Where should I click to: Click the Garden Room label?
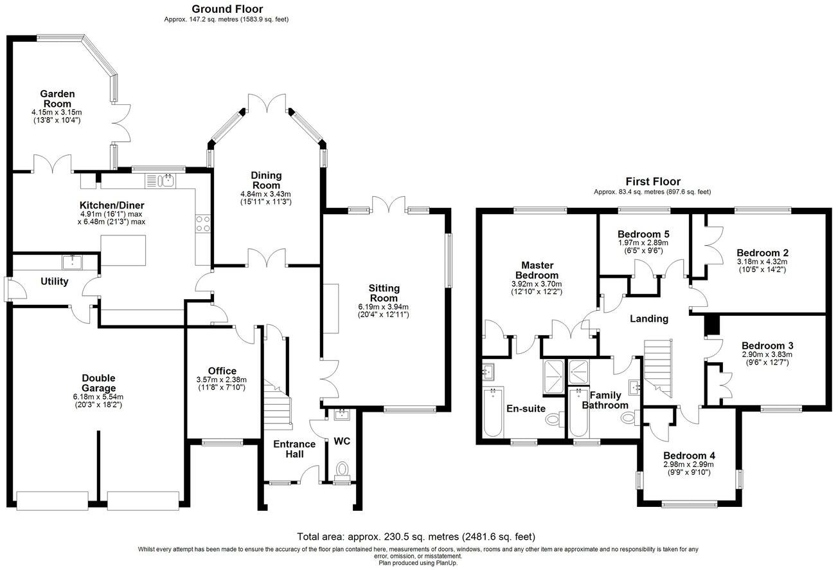coord(57,98)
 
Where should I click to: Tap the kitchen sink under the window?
coord(160,181)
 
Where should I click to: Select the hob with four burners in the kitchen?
coord(203,224)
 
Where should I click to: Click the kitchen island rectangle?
coord(123,250)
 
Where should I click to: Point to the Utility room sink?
coord(72,262)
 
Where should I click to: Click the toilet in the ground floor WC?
coord(341,471)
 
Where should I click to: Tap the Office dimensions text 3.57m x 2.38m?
coord(222,380)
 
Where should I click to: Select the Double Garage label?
coord(99,383)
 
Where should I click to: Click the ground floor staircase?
coord(277,405)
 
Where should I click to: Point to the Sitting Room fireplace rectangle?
coord(331,309)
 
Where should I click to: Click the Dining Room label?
coord(266,180)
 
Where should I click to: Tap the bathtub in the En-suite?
coord(493,412)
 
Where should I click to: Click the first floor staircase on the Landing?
coord(658,368)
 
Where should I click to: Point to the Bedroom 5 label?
coord(643,234)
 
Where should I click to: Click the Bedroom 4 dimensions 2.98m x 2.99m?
coord(689,464)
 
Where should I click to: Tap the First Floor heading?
coord(653,181)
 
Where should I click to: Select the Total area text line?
coord(416,537)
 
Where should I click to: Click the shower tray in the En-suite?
coord(553,377)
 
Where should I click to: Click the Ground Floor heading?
coord(227,9)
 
